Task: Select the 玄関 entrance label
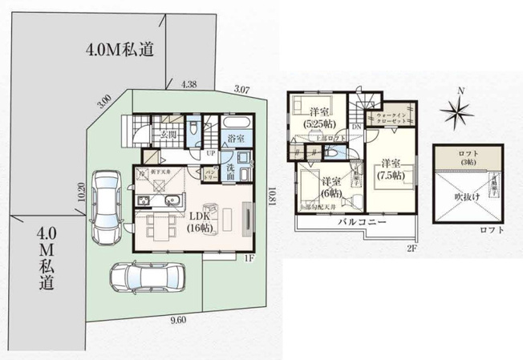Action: pos(167,135)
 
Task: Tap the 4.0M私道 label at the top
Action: pos(120,51)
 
